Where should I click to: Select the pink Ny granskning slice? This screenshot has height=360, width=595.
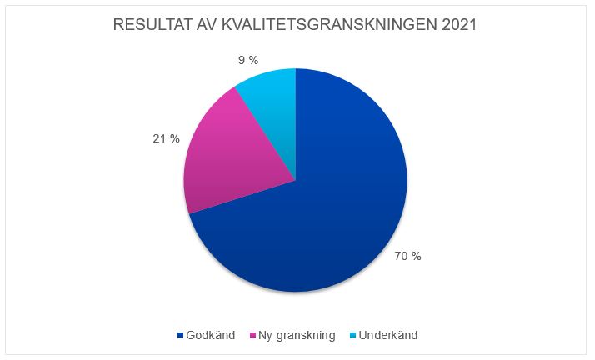click(x=229, y=158)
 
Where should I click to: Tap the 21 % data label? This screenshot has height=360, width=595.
click(x=166, y=138)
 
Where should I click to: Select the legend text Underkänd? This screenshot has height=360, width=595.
click(x=389, y=335)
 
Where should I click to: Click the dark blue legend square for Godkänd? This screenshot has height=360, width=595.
click(x=180, y=336)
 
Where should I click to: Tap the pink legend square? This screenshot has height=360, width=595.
click(x=253, y=336)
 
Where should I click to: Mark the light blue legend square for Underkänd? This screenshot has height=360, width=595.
click(x=354, y=336)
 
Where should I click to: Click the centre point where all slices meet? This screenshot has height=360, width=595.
click(x=296, y=180)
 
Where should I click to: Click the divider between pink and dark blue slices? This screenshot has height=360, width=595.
click(x=242, y=197)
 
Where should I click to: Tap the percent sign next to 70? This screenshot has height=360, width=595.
click(x=416, y=256)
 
